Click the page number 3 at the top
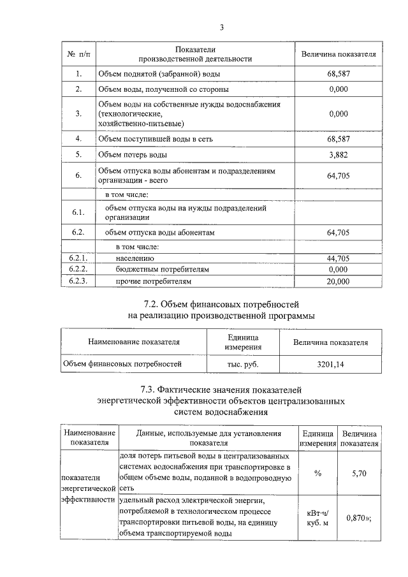click(221, 27)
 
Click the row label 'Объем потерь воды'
click(133, 154)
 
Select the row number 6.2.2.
click(78, 270)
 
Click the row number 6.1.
click(78, 212)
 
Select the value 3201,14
click(330, 364)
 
